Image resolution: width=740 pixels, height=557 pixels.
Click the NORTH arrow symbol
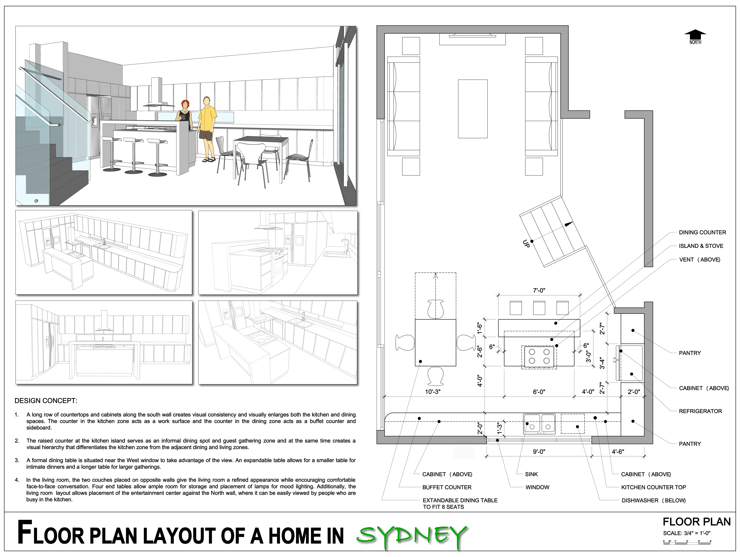tap(695, 35)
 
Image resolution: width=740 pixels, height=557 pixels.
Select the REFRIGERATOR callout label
tap(700, 411)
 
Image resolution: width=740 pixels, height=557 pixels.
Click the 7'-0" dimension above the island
tap(539, 290)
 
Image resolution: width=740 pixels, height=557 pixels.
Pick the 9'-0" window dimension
tap(539, 452)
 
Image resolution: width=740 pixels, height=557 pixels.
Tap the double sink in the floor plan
tap(539, 424)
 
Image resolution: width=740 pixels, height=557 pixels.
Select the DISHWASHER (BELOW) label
tap(653, 501)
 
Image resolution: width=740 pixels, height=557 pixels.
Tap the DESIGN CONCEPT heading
tap(46, 401)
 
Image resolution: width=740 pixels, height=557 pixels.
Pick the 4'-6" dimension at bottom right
tap(618, 452)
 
